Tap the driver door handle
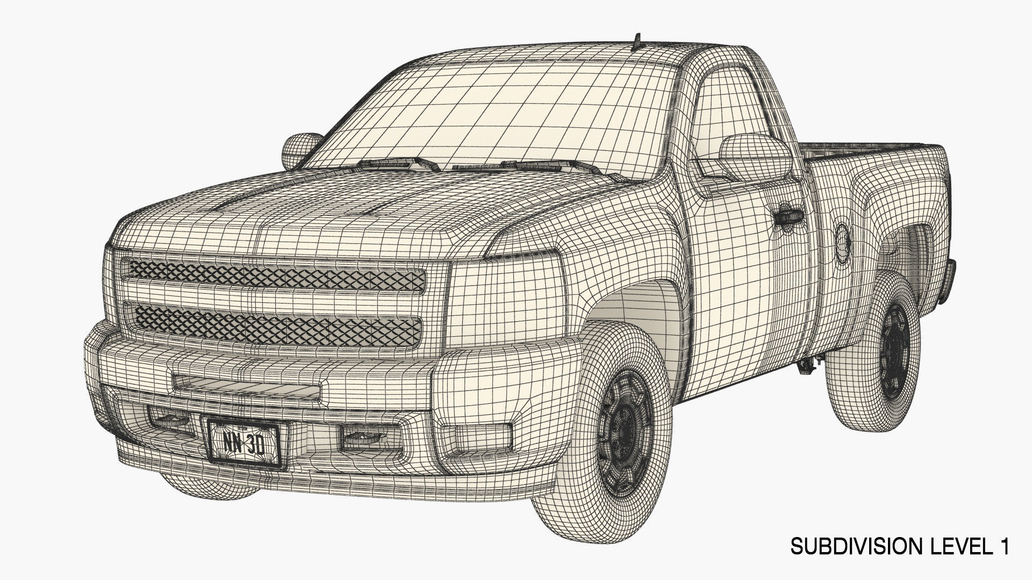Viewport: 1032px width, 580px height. pyautogui.click(x=789, y=216)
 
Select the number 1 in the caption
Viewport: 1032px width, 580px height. pyautogui.click(x=1002, y=547)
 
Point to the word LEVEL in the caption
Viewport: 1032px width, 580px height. pyautogui.click(x=950, y=547)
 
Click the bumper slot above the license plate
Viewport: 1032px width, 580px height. pyautogui.click(x=247, y=385)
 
